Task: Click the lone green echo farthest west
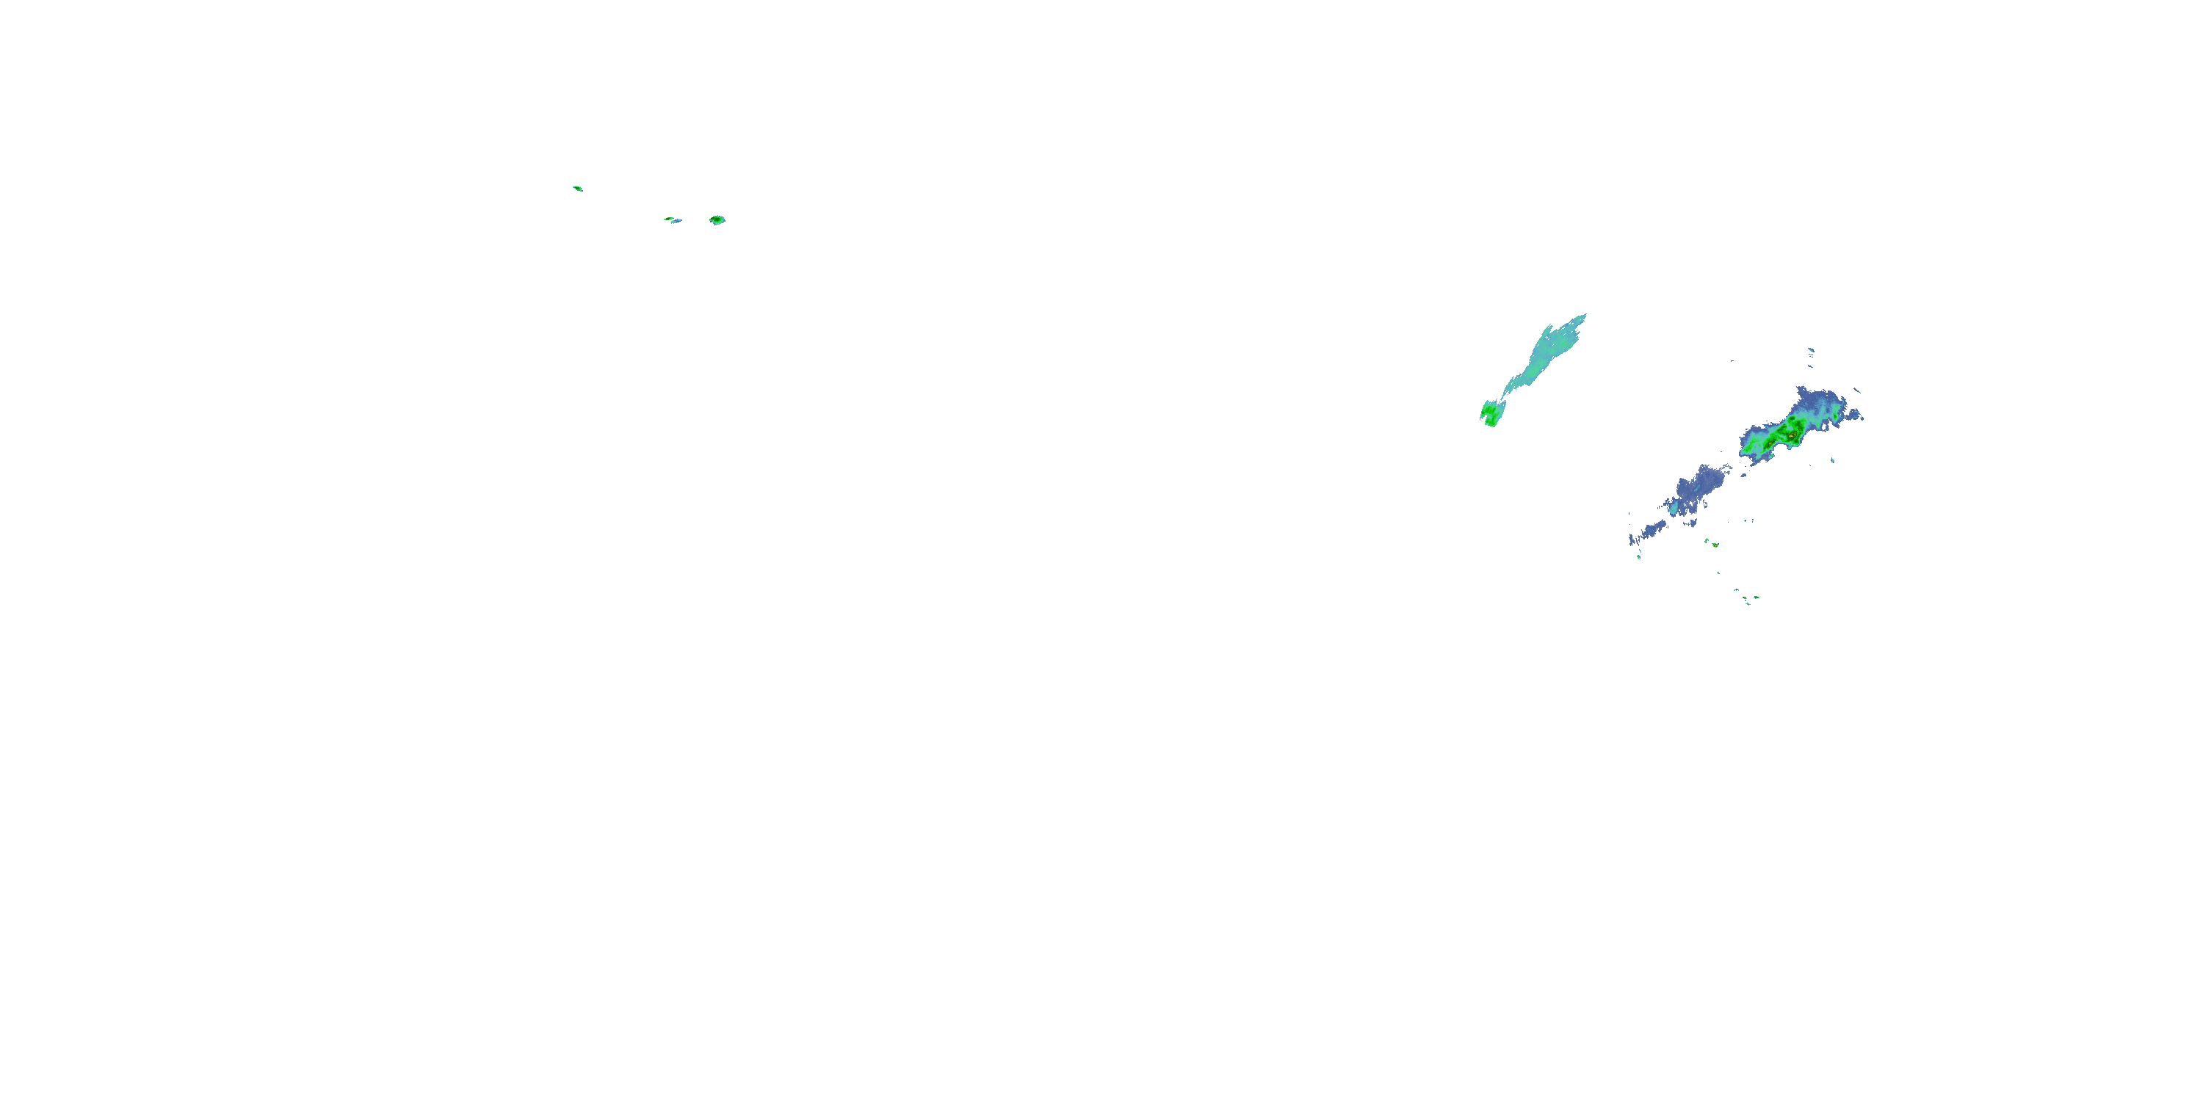coord(577,188)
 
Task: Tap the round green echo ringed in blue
coord(717,219)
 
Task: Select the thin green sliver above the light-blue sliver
coord(668,218)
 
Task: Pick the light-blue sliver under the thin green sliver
coord(676,222)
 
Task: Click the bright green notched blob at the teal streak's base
coord(1490,415)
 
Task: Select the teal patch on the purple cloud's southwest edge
coord(1673,509)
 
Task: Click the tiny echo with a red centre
coord(1715,545)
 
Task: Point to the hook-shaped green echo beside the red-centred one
coord(1707,540)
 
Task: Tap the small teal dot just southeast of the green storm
coord(1833,461)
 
